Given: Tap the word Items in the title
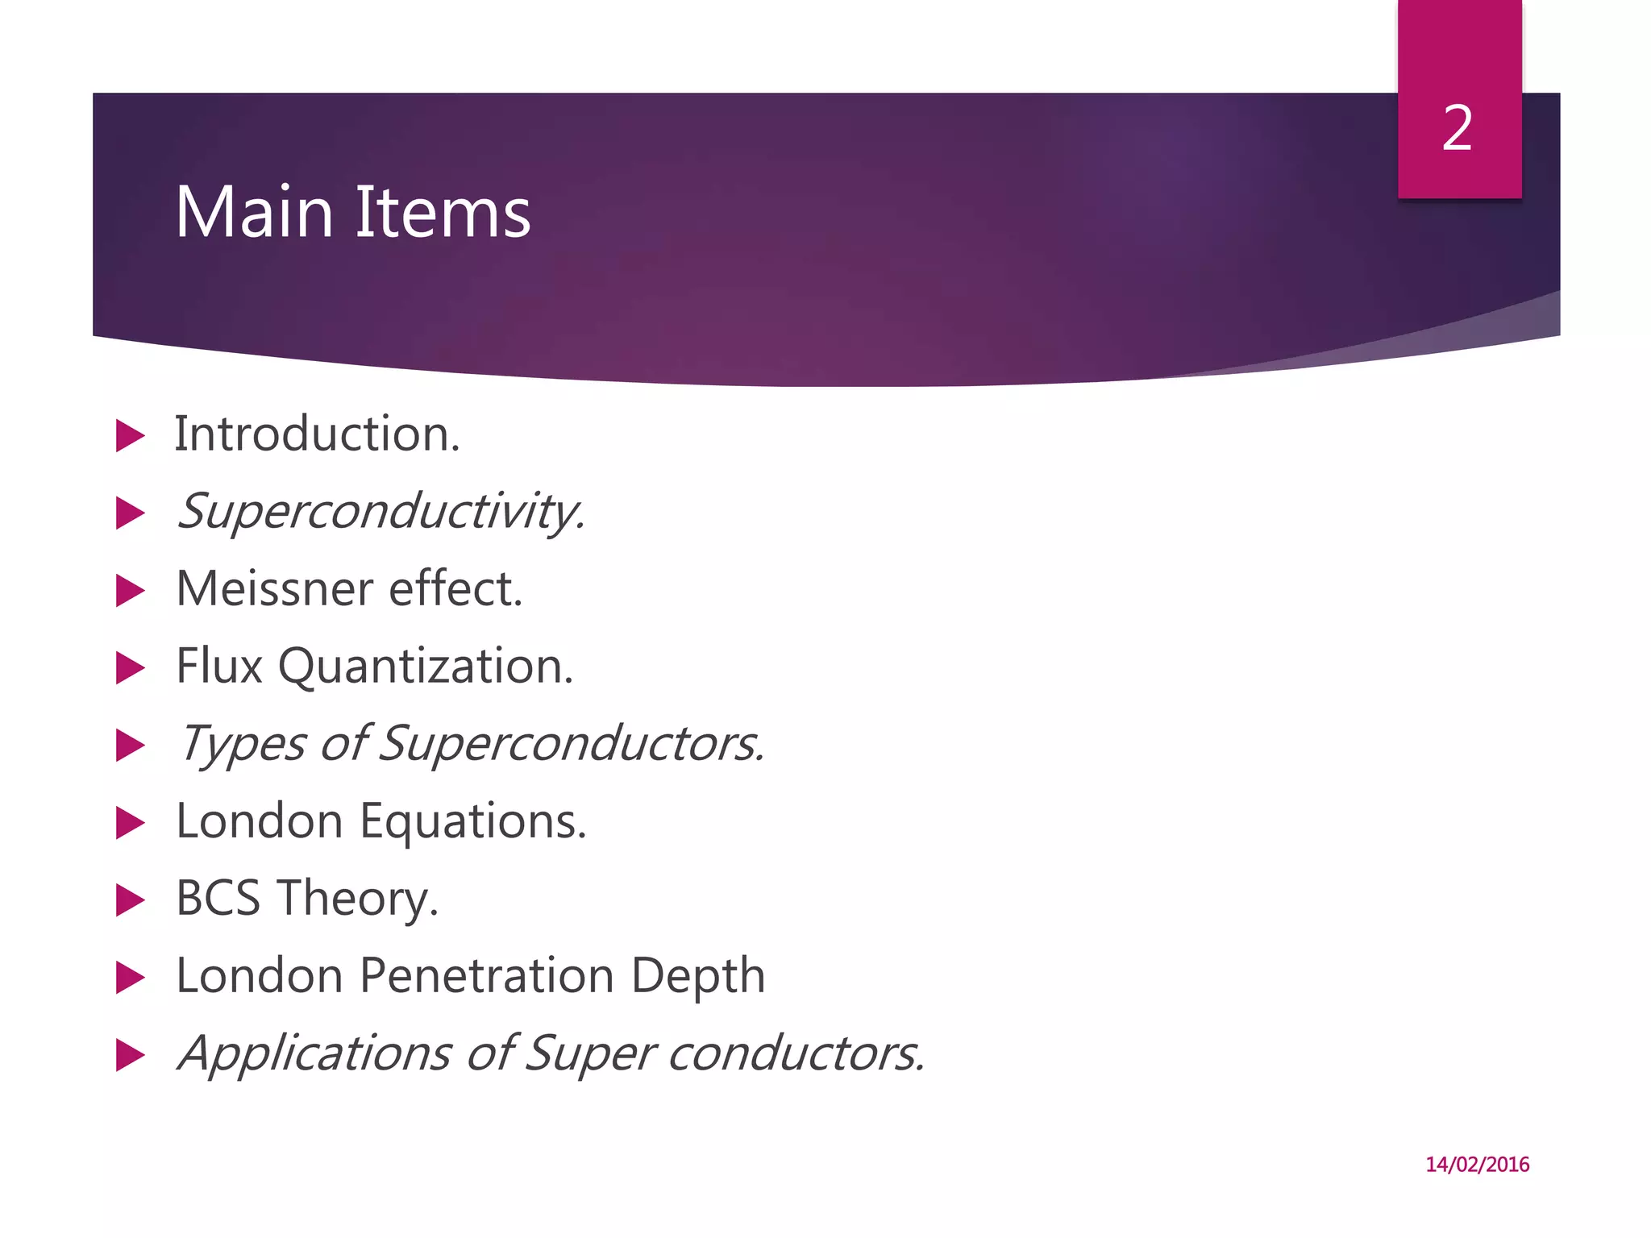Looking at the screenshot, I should click(x=443, y=213).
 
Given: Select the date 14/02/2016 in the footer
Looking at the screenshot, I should click(x=1477, y=1165).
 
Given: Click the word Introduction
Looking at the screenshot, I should click(x=317, y=435).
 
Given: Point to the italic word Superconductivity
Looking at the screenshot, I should click(x=381, y=513).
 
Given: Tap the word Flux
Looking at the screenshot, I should click(x=219, y=667).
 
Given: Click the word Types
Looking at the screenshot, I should click(x=242, y=745).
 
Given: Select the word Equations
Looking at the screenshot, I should click(x=473, y=821).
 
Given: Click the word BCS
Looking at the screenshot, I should click(x=218, y=899).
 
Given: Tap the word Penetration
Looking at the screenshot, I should click(x=488, y=976).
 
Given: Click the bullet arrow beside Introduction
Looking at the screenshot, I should click(x=129, y=436).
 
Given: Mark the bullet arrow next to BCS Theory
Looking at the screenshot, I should click(x=129, y=900).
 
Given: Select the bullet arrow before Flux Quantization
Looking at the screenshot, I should click(x=129, y=668).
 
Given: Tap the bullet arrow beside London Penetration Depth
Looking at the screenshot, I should click(x=129, y=978).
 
